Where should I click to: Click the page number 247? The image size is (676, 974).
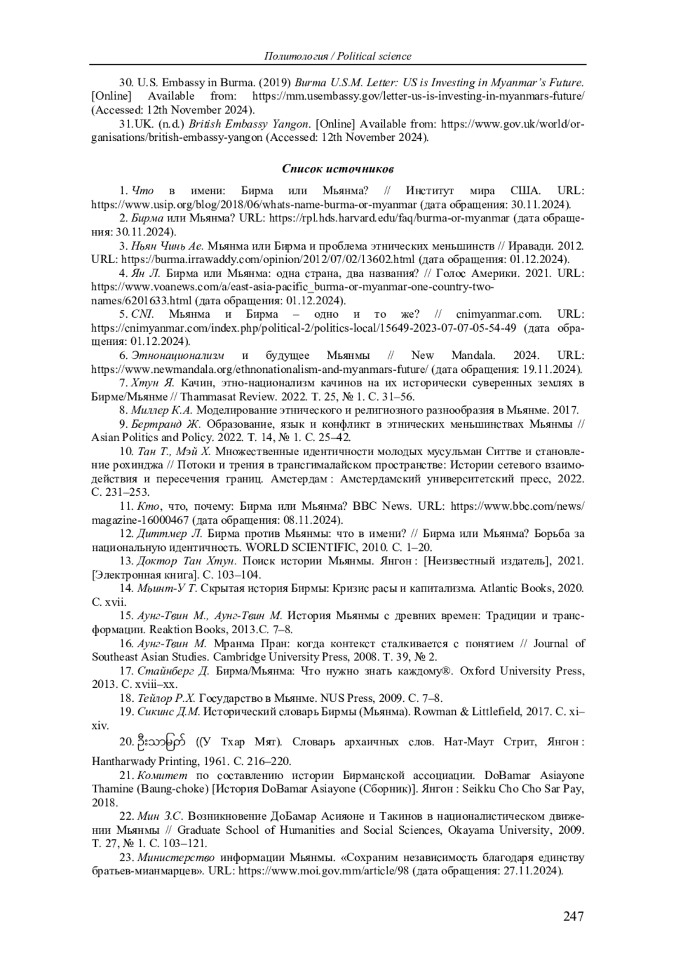tap(573, 916)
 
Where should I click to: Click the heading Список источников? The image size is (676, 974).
tap(337, 169)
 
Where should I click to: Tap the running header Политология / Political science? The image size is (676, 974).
tap(337, 56)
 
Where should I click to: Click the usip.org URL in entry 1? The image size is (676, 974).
tap(254, 204)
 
